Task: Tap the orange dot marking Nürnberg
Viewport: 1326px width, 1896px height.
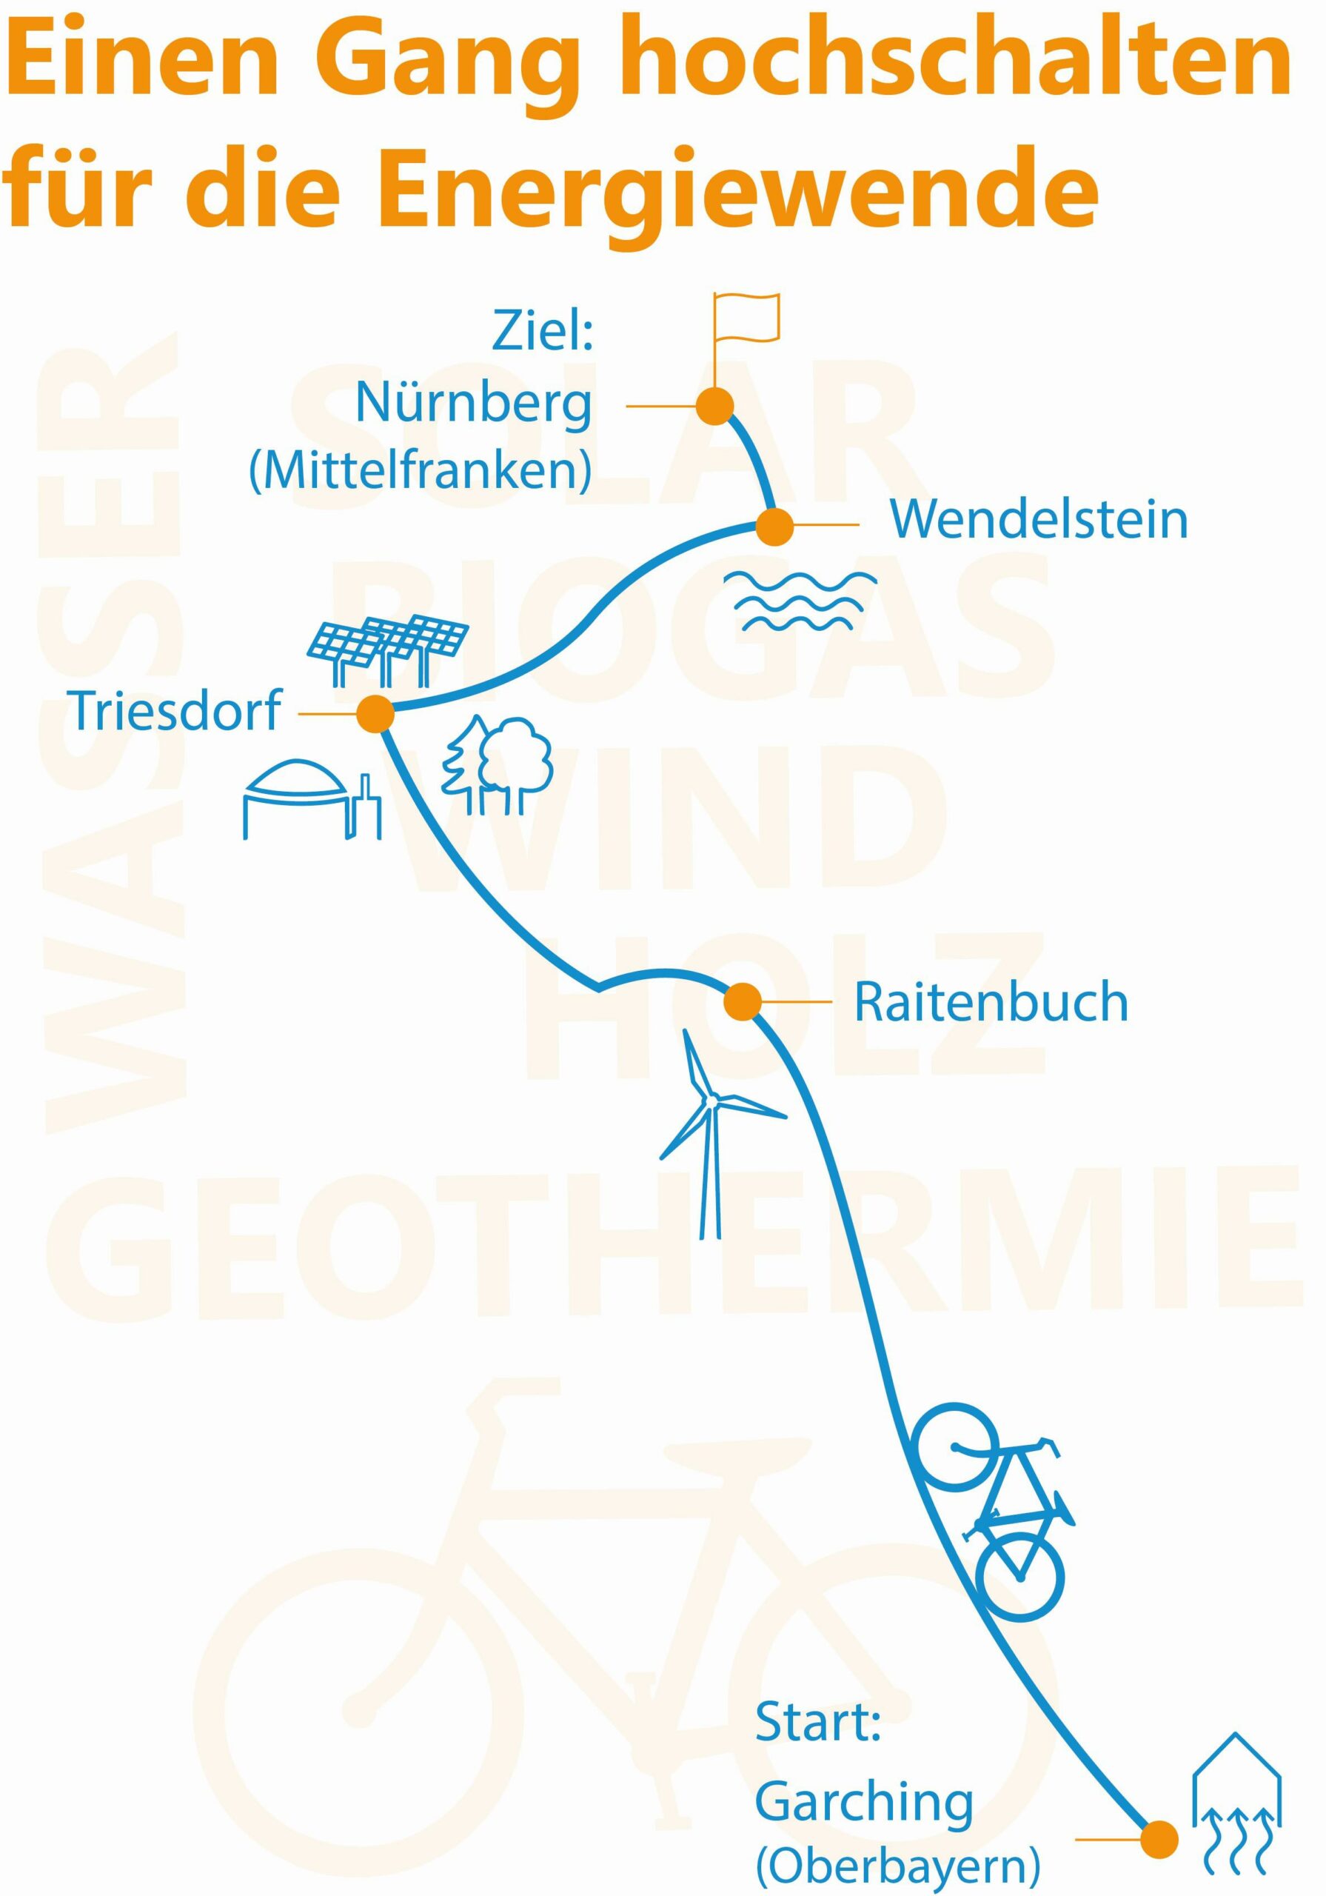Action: pos(714,405)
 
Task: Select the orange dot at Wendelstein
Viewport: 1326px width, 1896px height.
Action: pos(774,526)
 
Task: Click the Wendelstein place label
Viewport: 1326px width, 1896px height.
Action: pos(1038,520)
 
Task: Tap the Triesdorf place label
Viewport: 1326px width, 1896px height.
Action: pos(174,711)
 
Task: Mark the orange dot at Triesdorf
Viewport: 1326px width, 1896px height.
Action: pos(375,713)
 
